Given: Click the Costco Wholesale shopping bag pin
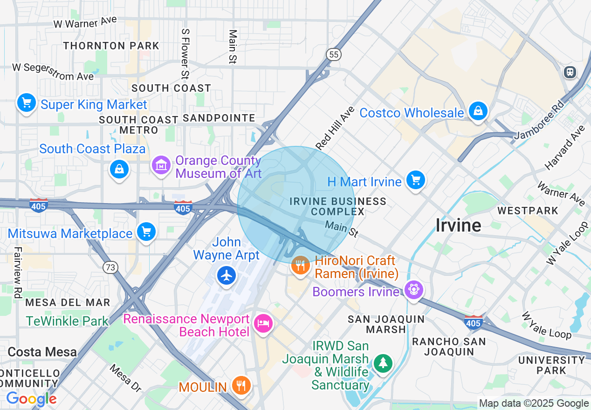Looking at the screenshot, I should (x=478, y=111).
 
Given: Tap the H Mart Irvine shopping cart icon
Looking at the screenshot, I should (x=415, y=180).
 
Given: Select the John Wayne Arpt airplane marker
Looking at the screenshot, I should (x=227, y=275).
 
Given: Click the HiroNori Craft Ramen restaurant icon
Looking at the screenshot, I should (x=301, y=266).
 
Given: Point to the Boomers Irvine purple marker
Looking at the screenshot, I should (x=413, y=290).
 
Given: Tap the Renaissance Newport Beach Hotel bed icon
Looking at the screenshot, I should (x=263, y=323).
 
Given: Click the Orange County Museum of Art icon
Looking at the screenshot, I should (x=161, y=164).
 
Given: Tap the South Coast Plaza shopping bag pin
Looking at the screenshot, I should (x=119, y=169).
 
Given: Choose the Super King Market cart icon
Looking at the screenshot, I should (x=27, y=102).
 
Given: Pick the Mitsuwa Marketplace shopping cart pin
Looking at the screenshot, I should (x=146, y=232).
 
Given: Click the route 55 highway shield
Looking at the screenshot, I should (x=333, y=55).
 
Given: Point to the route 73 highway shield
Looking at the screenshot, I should (x=110, y=267).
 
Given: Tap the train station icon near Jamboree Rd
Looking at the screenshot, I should (x=570, y=72).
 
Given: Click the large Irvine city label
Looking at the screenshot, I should (x=458, y=225).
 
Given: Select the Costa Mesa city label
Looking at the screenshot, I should (x=42, y=352).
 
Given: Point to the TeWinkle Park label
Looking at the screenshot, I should (x=67, y=321).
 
